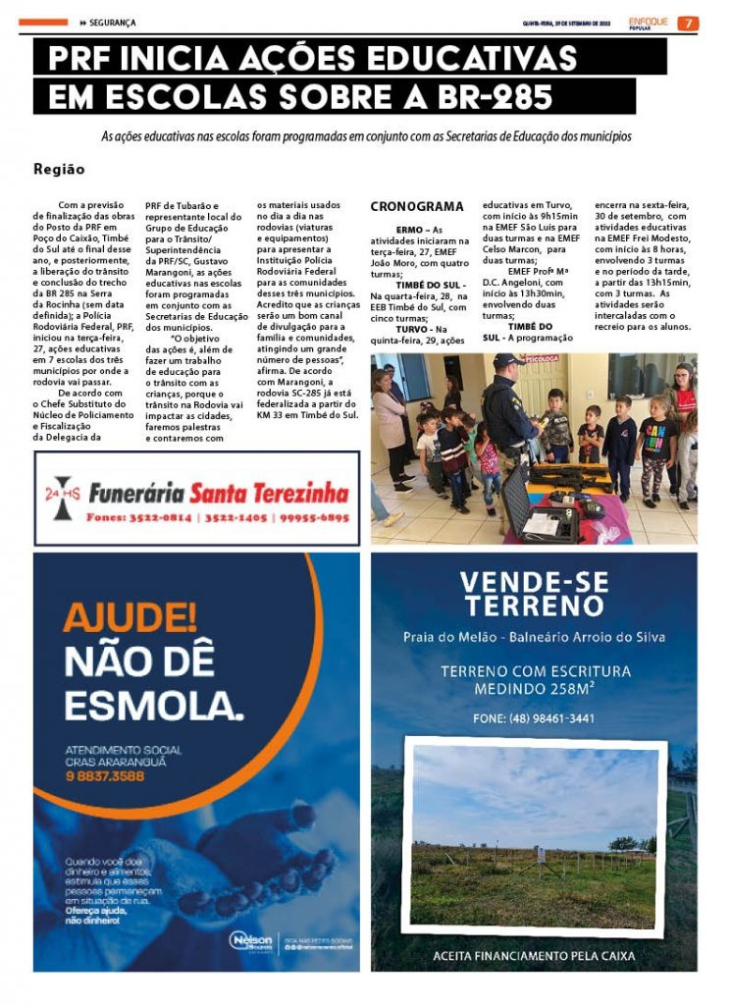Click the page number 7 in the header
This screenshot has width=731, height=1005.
(x=689, y=23)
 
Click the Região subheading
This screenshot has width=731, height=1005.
(x=59, y=169)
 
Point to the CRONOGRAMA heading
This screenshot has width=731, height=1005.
(x=417, y=207)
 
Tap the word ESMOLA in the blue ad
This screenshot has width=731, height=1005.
(x=152, y=704)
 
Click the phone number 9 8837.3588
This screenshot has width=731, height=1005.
(x=105, y=776)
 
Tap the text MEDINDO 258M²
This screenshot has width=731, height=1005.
(x=535, y=689)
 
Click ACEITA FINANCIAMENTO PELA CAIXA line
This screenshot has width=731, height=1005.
(x=534, y=955)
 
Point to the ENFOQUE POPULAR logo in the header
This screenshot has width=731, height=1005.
(x=649, y=23)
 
